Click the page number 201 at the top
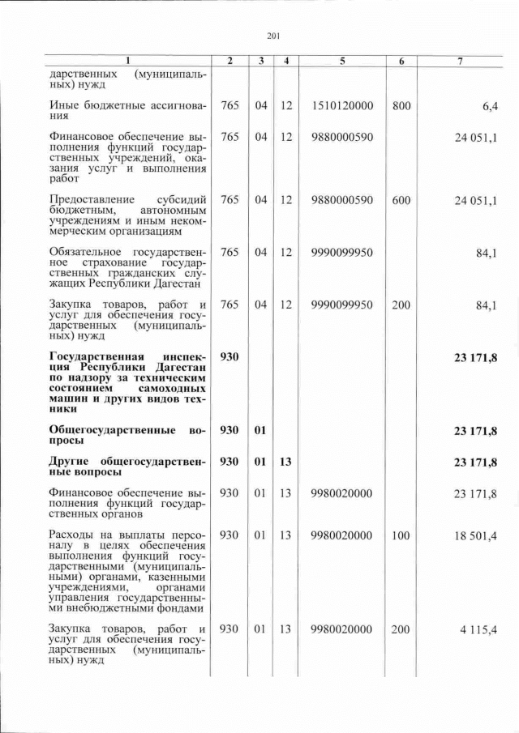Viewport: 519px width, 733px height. [273, 35]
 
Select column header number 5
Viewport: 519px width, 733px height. [341, 61]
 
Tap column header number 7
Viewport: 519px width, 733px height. [461, 61]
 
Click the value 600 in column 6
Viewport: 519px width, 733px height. [401, 200]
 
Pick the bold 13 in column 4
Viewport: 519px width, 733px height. [285, 462]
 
